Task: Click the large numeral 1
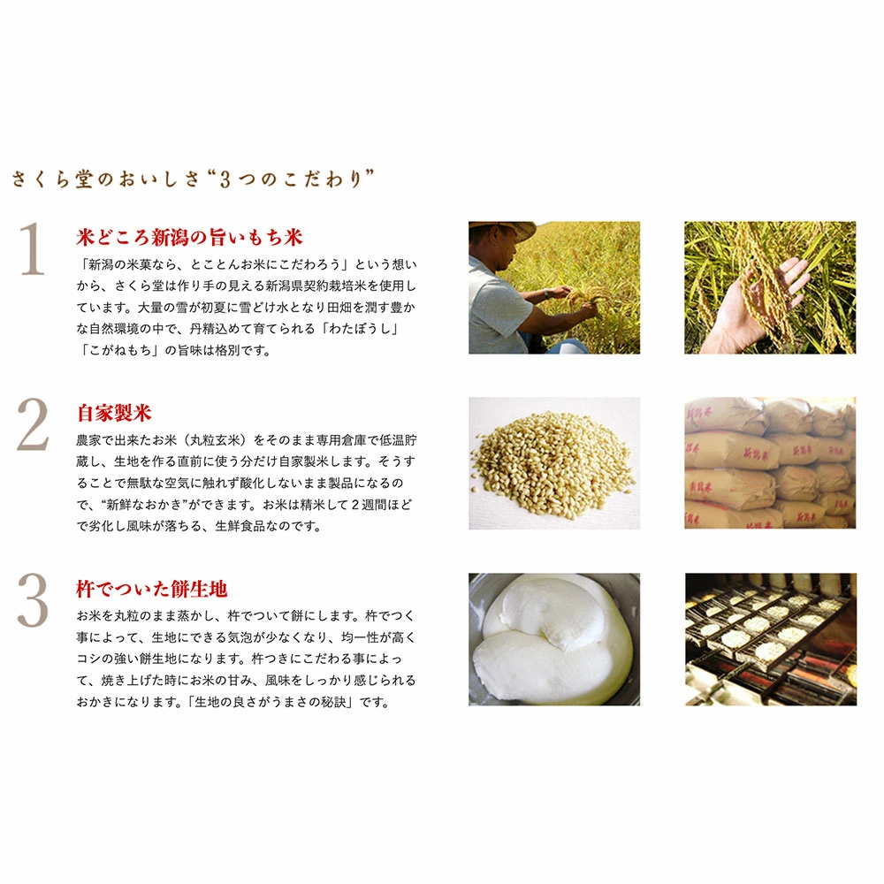33,248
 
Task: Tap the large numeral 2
33,424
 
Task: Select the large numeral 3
33,600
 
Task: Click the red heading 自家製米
114,413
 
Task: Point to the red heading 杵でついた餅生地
152,589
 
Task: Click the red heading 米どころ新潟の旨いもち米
189,237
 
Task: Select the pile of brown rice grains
553,462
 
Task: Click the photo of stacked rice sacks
770,463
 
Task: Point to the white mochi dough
552,640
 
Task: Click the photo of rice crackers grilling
771,639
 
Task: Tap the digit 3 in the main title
225,179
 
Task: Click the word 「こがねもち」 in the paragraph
118,350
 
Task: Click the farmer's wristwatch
545,294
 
